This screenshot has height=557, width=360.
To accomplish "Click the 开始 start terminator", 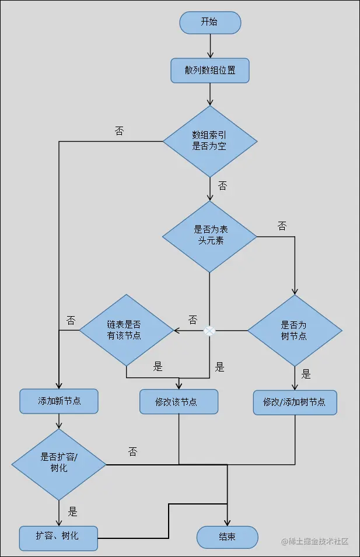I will (x=210, y=22).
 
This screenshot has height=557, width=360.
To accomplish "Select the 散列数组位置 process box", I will (x=210, y=71).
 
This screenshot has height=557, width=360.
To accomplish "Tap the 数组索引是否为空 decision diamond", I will (x=210, y=141).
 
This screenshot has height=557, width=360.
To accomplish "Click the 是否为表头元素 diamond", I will (x=209, y=236).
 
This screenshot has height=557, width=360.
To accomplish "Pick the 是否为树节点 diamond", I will (x=295, y=331).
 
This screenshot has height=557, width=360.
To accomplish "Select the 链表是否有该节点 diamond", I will (x=126, y=331).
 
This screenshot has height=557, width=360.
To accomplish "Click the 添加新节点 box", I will (x=58, y=401).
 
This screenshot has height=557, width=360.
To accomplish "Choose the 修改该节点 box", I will (x=179, y=402).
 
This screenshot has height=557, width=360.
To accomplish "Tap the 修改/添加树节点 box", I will (x=295, y=402).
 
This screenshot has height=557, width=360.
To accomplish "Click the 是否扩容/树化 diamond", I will (x=59, y=464).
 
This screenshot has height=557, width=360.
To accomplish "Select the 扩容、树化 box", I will (x=58, y=535).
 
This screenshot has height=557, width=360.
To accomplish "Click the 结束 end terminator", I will (x=228, y=537).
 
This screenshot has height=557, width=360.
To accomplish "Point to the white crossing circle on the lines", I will (x=209, y=331).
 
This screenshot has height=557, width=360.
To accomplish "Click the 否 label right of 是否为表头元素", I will (x=282, y=226).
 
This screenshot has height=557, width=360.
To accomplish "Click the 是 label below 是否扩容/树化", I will (x=72, y=512).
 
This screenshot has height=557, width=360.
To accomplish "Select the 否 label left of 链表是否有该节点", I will (x=71, y=320).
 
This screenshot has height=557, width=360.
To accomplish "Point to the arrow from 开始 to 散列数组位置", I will (x=210, y=45).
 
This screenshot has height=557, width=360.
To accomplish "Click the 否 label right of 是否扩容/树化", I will (x=132, y=451).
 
